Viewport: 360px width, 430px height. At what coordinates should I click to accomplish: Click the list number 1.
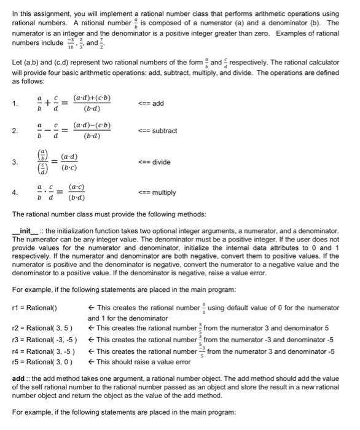tap(14, 104)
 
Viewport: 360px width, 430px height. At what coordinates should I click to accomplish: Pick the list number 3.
tap(14, 163)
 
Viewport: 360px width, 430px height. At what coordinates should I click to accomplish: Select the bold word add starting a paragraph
tap(18, 378)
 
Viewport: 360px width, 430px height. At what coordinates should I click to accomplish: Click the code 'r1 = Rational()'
tap(34, 307)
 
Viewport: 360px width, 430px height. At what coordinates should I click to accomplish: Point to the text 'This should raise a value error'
tap(141, 362)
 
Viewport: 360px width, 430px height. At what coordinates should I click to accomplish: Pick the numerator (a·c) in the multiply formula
tap(77, 187)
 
